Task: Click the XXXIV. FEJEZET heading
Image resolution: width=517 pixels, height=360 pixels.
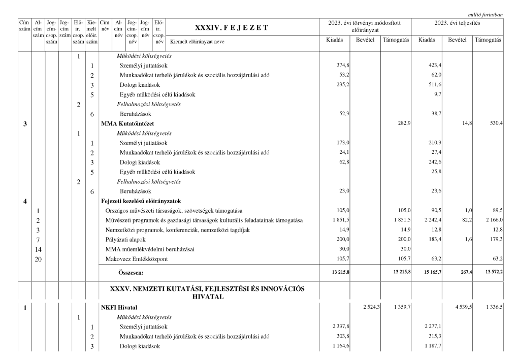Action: [231, 27]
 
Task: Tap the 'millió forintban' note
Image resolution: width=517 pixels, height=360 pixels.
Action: [485, 15]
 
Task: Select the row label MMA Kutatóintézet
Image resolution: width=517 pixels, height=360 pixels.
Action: [128, 124]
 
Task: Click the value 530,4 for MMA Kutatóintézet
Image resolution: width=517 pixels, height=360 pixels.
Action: [493, 124]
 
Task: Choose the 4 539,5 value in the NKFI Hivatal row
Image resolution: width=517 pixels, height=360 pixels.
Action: [459, 307]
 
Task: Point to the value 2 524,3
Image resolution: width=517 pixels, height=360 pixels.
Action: [369, 307]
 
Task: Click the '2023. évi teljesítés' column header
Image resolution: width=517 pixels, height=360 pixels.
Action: [458, 23]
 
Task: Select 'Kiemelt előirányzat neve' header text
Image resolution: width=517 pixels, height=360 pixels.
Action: [198, 42]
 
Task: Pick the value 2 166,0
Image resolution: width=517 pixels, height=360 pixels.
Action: [491, 220]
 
